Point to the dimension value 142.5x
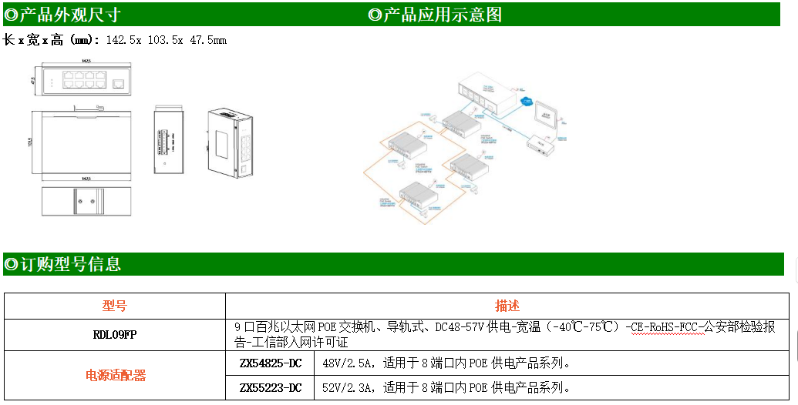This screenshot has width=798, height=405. pyautogui.click(x=123, y=40)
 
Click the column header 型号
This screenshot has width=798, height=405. pyautogui.click(x=115, y=306)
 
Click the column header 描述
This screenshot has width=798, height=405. pyautogui.click(x=507, y=306)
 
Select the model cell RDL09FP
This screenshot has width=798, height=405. pyautogui.click(x=115, y=335)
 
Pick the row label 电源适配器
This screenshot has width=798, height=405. pyautogui.click(x=115, y=376)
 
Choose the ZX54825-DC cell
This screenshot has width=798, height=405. pyautogui.click(x=271, y=363)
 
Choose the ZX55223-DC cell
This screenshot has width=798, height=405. pyautogui.click(x=271, y=387)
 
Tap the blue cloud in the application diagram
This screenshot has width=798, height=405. pyautogui.click(x=527, y=101)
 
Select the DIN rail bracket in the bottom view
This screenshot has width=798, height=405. pyautogui.click(x=85, y=202)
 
